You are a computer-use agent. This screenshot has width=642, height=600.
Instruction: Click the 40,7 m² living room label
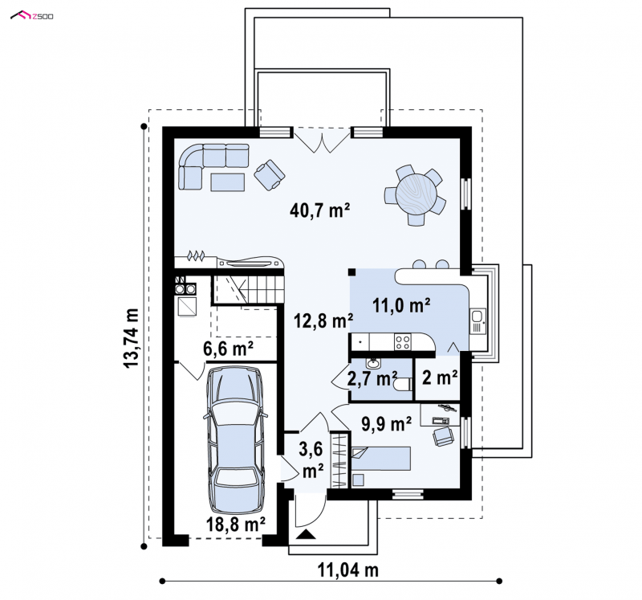coord(319,210)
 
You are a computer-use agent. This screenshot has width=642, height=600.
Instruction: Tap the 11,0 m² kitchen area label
coord(401,305)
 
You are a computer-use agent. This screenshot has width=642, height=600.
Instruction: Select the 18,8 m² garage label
coord(235,524)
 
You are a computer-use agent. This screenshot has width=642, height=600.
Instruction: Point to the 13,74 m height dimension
coord(132,338)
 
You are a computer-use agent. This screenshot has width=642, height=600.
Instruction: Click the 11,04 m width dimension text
coord(348,569)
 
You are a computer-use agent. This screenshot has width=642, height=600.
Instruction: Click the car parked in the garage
coord(235,441)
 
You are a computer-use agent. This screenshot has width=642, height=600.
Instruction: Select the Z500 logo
coord(32,16)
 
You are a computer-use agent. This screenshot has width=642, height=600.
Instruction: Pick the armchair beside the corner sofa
coord(270,174)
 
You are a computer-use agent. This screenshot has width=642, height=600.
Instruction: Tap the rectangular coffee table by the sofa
coord(228,182)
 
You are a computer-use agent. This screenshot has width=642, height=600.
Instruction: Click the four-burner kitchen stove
coord(403,342)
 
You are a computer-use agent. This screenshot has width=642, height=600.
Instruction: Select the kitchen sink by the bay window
coord(477,320)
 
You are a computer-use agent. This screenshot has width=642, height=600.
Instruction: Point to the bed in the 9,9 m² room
coord(380,458)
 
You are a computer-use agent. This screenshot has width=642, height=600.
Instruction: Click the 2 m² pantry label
coord(440,378)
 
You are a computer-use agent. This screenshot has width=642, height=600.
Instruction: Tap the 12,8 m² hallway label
coord(324,320)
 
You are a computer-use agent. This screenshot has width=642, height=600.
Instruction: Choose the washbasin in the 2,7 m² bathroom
coord(372,363)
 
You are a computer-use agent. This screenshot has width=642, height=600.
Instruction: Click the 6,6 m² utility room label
coord(228,349)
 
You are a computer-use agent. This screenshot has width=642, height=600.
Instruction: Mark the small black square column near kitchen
coord(351,271)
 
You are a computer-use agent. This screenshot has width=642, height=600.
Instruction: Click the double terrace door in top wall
coord(322,139)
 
